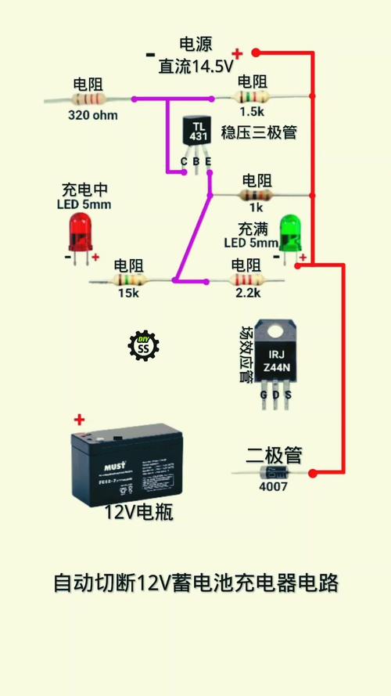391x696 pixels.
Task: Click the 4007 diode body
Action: point(274,472)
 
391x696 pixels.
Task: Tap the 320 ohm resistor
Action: point(88,99)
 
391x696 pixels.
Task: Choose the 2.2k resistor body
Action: point(246,279)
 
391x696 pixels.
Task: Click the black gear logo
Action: point(143,345)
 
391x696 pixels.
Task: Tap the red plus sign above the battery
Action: point(78,420)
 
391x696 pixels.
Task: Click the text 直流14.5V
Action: point(195,67)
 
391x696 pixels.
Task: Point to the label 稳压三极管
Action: point(259,132)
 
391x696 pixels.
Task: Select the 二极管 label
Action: point(274,455)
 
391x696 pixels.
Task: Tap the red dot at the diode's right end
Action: point(313,473)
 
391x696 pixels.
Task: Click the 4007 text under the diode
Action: point(274,486)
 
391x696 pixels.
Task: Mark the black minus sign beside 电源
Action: point(149,55)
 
